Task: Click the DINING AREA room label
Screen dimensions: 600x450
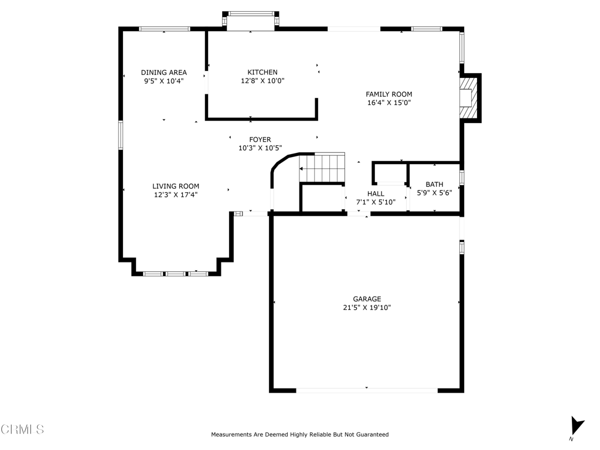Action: tap(164, 72)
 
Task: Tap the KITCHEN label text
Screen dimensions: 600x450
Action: tap(262, 72)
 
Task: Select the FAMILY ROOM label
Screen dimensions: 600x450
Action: tap(389, 94)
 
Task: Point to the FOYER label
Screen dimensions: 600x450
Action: tap(260, 139)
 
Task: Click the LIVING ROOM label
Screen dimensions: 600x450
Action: tap(176, 186)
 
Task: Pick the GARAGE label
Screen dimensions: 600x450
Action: tap(367, 299)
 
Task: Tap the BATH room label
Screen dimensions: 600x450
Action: tap(434, 185)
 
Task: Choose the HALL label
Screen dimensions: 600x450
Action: tap(376, 193)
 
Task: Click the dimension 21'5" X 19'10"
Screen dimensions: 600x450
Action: tap(367, 307)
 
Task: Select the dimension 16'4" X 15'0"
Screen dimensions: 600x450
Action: tap(389, 103)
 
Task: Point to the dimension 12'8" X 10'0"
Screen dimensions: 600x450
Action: tap(262, 81)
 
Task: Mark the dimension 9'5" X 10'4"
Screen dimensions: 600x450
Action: tap(164, 81)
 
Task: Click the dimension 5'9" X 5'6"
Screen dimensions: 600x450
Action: tap(434, 193)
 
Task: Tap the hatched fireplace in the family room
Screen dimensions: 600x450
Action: tap(469, 98)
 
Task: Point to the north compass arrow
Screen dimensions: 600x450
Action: tap(577, 426)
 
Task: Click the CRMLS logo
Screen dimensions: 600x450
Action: tap(22, 429)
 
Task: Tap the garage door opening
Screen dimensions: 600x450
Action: tap(367, 390)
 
